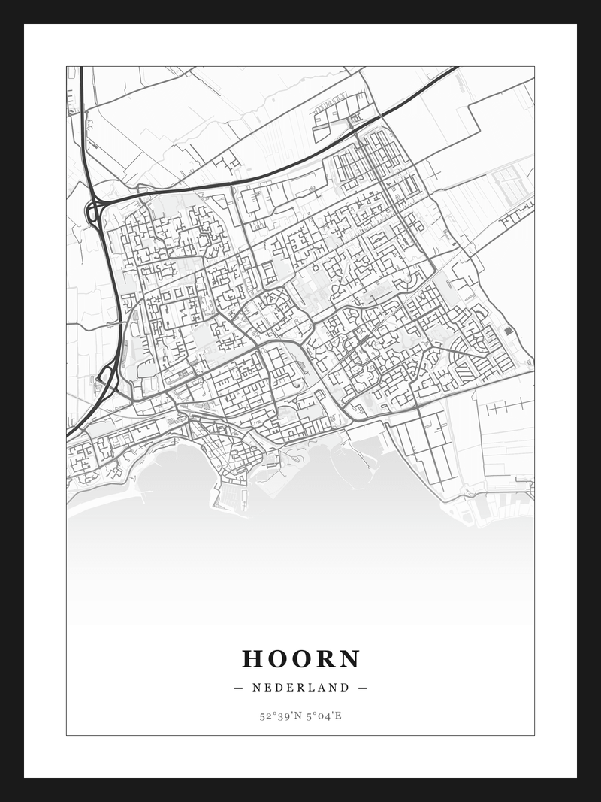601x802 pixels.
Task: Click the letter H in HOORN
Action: (x=252, y=659)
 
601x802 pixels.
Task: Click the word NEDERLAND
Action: (x=300, y=687)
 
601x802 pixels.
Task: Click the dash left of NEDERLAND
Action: (x=239, y=687)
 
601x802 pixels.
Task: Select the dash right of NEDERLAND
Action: (x=363, y=687)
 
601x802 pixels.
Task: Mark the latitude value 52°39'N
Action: (x=279, y=716)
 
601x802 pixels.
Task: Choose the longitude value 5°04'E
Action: (x=324, y=716)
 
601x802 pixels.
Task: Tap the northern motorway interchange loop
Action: (x=94, y=212)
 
